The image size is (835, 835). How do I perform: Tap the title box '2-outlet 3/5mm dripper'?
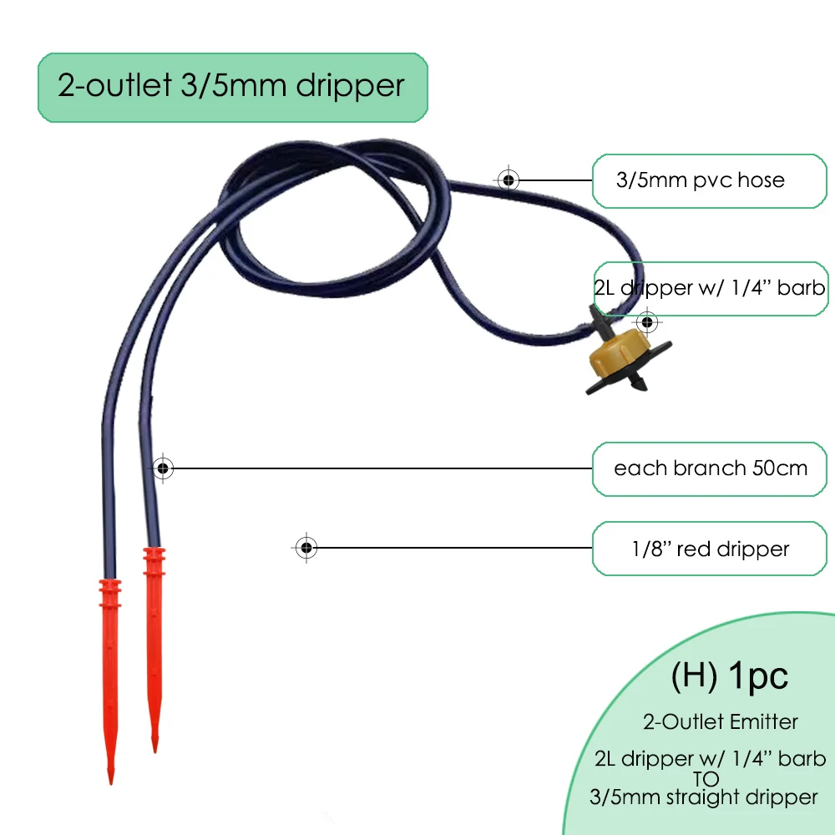point(232,87)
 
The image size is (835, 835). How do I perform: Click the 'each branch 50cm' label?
point(710,468)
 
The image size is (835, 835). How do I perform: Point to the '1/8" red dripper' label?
point(710,549)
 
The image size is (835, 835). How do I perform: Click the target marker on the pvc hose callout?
point(508,180)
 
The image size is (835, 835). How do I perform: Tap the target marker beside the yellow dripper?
point(646,321)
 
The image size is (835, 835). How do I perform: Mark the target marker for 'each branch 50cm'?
point(164,468)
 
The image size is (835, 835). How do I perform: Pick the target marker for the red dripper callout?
point(306,548)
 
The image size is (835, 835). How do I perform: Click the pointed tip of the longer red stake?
point(110,780)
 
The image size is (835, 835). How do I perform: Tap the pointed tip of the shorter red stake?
point(154,748)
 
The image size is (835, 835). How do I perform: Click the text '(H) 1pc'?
point(730,676)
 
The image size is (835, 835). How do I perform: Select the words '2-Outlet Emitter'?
point(720,721)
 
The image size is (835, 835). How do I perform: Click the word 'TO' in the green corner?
point(710,778)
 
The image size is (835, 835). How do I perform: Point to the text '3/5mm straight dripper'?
point(703,797)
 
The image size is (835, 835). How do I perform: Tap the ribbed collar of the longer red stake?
point(110,595)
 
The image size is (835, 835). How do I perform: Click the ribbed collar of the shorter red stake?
point(153,561)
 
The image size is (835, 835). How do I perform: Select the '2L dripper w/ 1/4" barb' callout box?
point(710,288)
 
